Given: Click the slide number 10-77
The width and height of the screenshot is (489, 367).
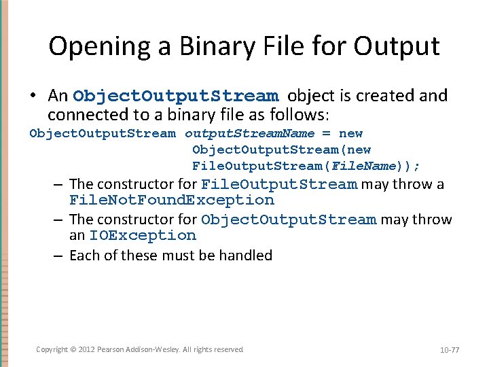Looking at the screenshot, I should pos(449,350).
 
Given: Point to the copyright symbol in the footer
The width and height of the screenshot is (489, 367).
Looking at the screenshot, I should pos(73,349).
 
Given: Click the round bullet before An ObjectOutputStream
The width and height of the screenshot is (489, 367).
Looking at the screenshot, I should pos(35,97).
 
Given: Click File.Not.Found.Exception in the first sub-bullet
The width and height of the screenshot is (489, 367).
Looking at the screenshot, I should pos(172,200).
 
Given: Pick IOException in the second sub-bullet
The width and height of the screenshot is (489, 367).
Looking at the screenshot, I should pos(142,236).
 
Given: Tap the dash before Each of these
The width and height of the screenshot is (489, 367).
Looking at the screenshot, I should pos(59,256).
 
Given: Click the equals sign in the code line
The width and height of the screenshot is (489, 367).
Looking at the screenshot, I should pos(326,134).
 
